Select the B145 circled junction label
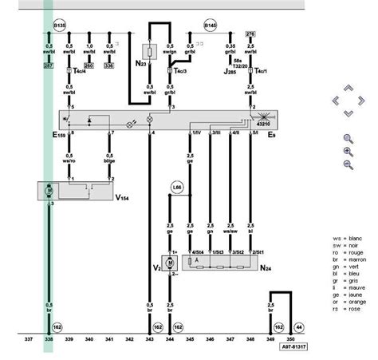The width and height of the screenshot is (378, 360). (210, 25)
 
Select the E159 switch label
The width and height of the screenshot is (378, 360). (59, 135)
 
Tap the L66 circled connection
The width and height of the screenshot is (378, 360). (177, 188)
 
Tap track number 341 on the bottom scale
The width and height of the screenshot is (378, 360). (109, 339)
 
